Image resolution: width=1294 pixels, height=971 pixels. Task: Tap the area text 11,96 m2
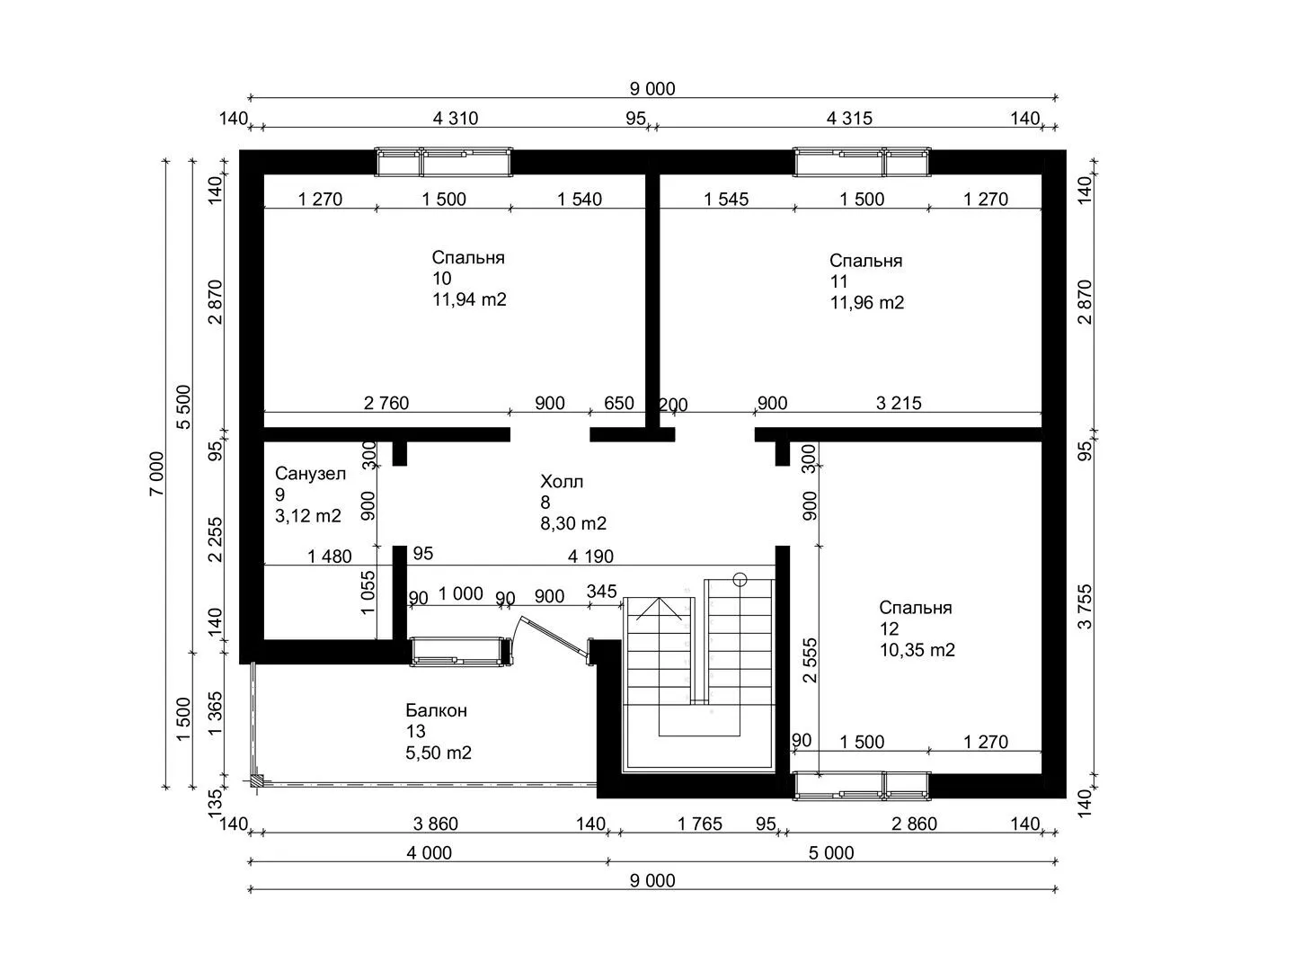866,302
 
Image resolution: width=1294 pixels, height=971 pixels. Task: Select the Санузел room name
310,473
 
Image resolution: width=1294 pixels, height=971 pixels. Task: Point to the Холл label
562,481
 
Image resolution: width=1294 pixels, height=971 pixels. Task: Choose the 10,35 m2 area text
917,650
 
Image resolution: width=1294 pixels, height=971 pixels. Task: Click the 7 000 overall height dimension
156,474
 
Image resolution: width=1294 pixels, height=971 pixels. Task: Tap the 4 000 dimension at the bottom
430,852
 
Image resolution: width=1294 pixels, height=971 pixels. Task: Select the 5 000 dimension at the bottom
831,852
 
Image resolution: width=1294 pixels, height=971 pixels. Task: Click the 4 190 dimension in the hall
590,556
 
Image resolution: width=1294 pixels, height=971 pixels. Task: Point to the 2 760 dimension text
386,403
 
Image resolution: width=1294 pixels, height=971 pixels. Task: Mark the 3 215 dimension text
899,403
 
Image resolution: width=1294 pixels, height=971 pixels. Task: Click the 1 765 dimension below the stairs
699,824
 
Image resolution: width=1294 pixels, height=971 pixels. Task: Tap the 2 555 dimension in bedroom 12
811,660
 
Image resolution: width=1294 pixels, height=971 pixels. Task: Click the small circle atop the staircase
740,580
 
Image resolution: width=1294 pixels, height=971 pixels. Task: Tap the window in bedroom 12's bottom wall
861,786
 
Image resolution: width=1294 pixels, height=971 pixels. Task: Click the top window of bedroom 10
444,162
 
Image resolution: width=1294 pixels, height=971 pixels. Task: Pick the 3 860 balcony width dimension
435,824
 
